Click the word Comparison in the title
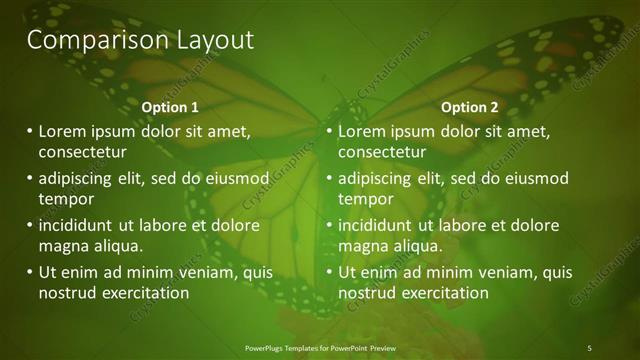(x=83, y=40)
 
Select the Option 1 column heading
(x=170, y=107)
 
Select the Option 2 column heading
(x=469, y=107)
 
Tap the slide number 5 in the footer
(x=589, y=347)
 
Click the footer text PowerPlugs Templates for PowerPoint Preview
(x=318, y=347)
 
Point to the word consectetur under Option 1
(x=82, y=153)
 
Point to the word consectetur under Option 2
(x=382, y=153)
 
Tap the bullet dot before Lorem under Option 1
(x=29, y=131)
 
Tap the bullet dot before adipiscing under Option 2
(x=329, y=178)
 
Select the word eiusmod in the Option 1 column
(x=235, y=178)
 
